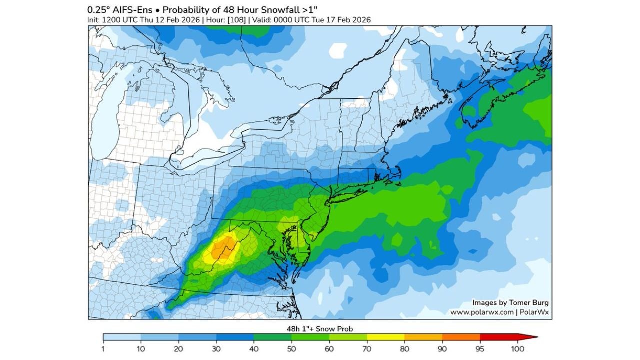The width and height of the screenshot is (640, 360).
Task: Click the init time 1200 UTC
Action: click(x=119, y=20)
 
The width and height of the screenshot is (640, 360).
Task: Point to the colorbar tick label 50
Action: click(x=291, y=348)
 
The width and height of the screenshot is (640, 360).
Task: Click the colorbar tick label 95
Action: click(x=480, y=348)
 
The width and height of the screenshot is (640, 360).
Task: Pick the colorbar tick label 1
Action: click(x=103, y=348)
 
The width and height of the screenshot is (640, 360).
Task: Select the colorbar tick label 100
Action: click(x=517, y=348)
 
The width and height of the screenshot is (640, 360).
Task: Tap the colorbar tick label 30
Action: click(x=216, y=348)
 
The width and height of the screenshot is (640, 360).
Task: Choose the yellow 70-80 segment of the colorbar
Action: click(x=385, y=337)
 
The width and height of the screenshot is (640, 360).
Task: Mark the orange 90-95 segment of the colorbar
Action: click(x=461, y=337)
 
